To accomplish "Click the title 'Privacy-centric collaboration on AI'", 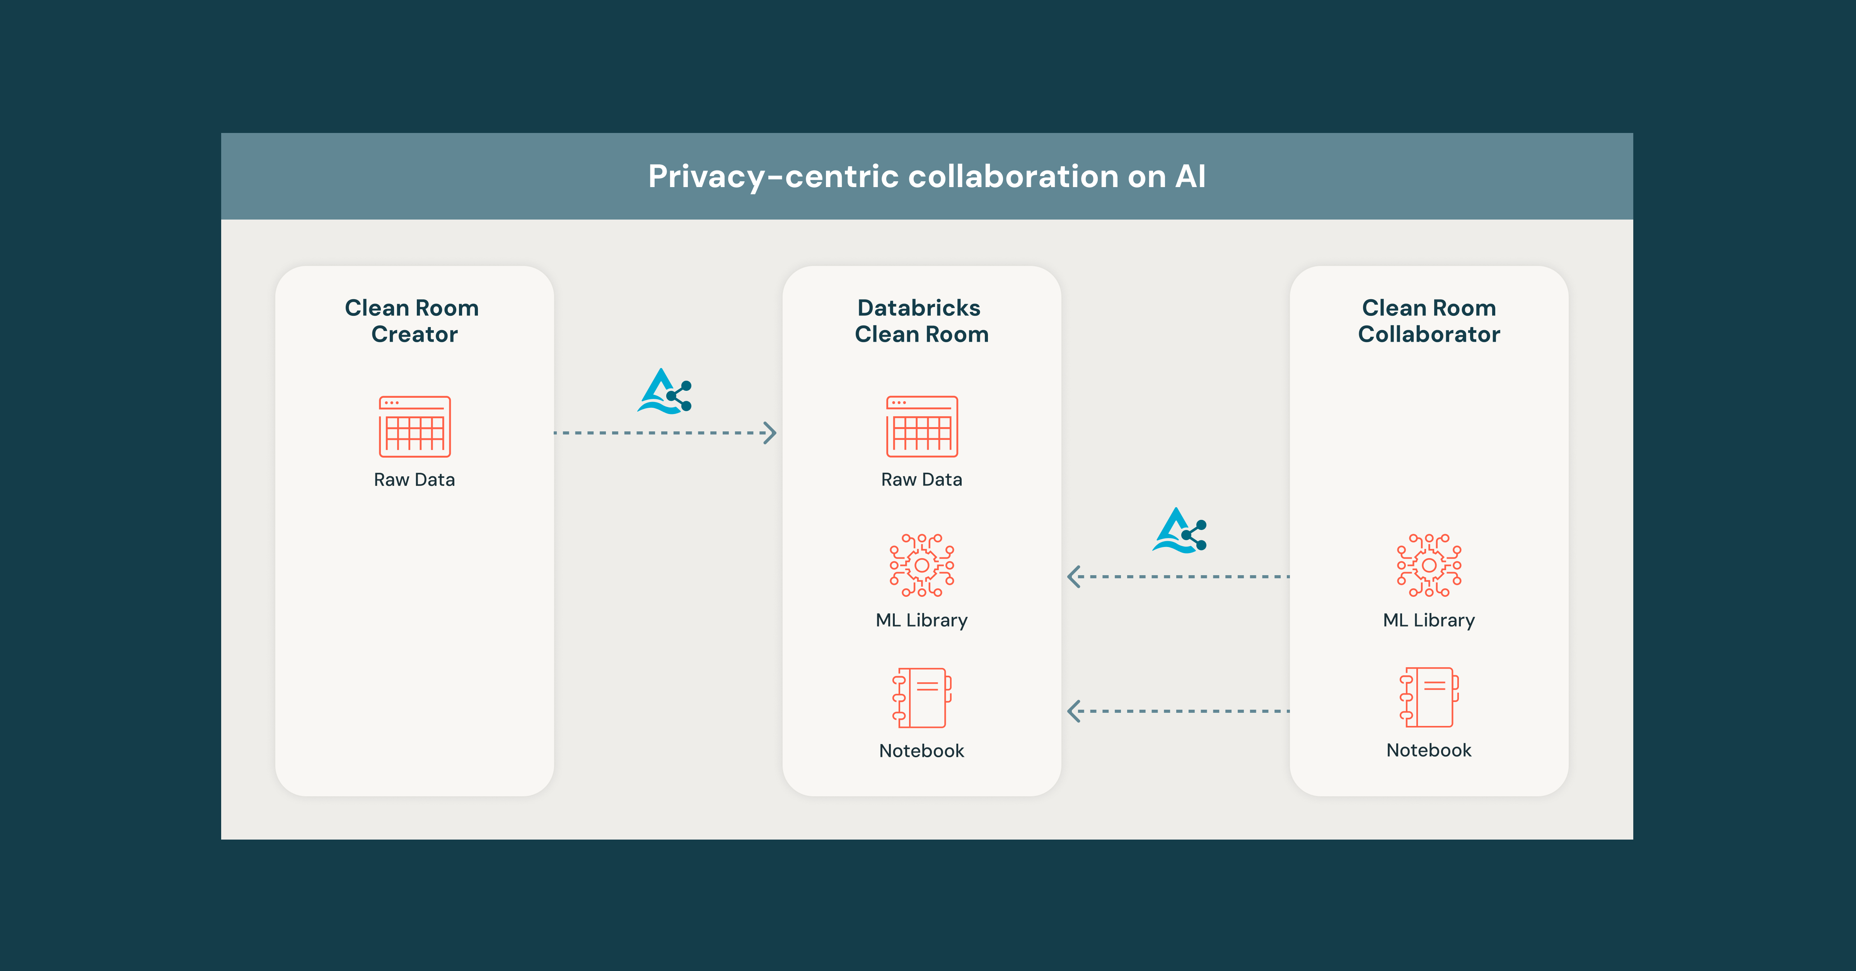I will pyautogui.click(x=926, y=177).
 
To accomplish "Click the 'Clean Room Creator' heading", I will pyautogui.click(x=413, y=320).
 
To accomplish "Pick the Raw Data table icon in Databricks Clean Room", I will pyautogui.click(x=921, y=426).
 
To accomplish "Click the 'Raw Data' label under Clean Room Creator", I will pyautogui.click(x=414, y=480).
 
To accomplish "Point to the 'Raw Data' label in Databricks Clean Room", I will pyautogui.click(x=921, y=480).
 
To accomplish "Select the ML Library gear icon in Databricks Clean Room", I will pyautogui.click(x=921, y=566).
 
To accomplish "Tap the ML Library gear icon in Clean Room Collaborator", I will pyautogui.click(x=1429, y=566).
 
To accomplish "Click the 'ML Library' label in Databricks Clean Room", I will pyautogui.click(x=921, y=620).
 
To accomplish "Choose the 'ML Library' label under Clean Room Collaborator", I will pyautogui.click(x=1429, y=620).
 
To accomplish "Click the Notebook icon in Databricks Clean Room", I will pyautogui.click(x=921, y=697).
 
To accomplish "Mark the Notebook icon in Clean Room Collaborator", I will pyautogui.click(x=1429, y=697).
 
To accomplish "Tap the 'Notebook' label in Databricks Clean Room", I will pyautogui.click(x=921, y=751).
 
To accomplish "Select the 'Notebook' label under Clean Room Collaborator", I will pyautogui.click(x=1429, y=750).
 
